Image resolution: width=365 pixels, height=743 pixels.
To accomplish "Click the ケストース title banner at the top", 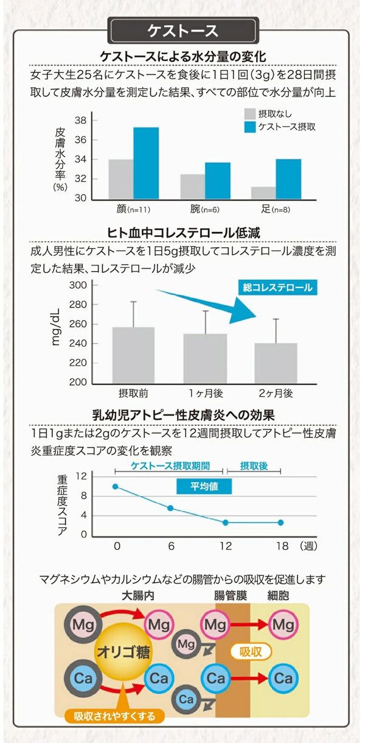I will coord(182,30).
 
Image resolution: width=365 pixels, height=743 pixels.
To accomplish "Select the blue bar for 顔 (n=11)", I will coord(146,163).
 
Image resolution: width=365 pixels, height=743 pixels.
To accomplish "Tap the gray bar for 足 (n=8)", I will coord(263,193).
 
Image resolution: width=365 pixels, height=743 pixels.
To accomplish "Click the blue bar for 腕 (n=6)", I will coord(217,180).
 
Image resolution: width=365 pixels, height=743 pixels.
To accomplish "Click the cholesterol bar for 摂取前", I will coord(133,354).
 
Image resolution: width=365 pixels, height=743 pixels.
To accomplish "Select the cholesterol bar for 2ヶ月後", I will coord(276,362).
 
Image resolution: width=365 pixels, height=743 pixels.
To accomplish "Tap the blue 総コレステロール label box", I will coord(277,287).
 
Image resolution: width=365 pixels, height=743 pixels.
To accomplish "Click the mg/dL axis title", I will coord(56,327).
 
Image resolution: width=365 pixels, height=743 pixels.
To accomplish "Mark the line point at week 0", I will coord(116,487).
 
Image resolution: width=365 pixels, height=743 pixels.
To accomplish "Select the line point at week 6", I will coord(170,508).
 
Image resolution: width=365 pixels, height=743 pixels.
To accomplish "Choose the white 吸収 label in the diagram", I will coord(251,652).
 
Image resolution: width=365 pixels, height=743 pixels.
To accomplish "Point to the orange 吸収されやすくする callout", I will coord(115,715).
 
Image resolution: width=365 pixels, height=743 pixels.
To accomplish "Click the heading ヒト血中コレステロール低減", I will coord(184,233).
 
